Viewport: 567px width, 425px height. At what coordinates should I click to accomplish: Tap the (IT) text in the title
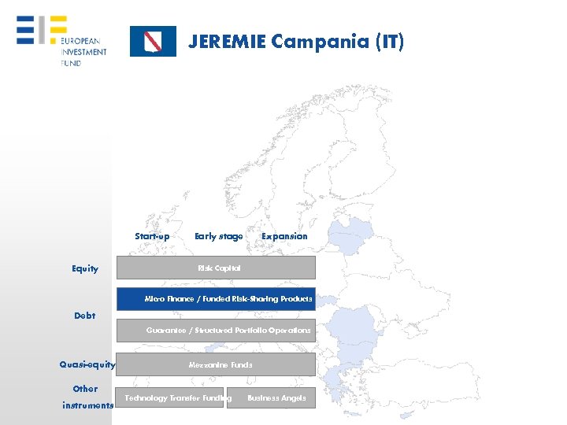click(x=390, y=42)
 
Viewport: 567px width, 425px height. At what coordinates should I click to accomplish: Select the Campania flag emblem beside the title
click(x=153, y=42)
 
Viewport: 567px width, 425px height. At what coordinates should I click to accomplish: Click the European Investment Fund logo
click(x=62, y=40)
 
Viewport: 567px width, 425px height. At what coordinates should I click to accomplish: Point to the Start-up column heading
click(x=152, y=236)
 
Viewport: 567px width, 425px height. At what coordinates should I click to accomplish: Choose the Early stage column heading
click(x=218, y=236)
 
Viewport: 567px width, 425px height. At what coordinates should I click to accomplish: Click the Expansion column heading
click(x=284, y=236)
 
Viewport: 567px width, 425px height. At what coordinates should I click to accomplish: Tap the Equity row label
click(x=85, y=269)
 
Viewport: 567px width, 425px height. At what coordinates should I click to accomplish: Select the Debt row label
click(x=85, y=316)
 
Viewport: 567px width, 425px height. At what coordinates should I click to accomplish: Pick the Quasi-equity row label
click(x=87, y=364)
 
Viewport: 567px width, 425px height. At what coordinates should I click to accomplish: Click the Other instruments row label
click(x=87, y=397)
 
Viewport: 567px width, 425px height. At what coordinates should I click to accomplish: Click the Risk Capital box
click(x=217, y=268)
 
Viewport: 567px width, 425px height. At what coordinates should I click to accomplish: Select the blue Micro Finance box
click(x=217, y=299)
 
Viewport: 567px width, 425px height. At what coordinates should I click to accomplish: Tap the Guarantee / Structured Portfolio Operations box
click(x=217, y=331)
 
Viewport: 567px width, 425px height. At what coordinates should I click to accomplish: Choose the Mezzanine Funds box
click(x=217, y=364)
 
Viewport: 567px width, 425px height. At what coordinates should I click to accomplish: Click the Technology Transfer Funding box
click(x=171, y=398)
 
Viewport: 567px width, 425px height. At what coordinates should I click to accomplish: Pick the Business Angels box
click(x=272, y=398)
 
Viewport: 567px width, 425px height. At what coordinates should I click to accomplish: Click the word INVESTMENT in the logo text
click(x=83, y=52)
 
